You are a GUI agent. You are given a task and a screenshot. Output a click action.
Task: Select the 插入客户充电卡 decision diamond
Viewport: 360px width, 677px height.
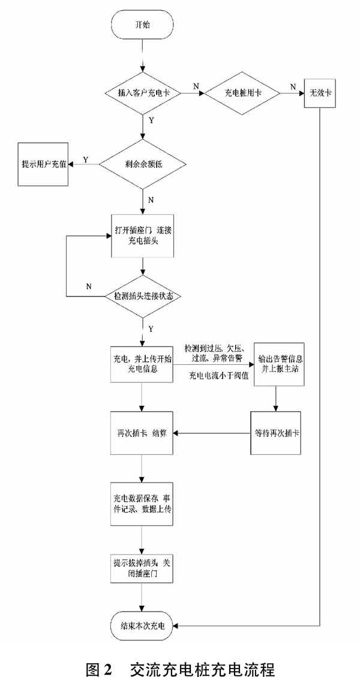[142, 94]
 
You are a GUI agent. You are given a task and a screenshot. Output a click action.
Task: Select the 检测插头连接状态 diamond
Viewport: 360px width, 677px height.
[142, 296]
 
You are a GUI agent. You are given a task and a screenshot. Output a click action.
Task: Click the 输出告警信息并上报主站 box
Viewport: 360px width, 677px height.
[275, 364]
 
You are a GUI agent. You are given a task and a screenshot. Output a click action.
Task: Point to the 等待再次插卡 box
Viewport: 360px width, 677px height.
[275, 433]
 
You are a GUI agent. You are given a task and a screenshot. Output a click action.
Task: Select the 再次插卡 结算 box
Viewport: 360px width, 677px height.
[142, 433]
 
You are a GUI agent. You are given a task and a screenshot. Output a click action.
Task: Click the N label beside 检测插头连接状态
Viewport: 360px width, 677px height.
[88, 286]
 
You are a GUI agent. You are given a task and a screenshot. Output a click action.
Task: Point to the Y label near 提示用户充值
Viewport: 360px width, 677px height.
[85, 160]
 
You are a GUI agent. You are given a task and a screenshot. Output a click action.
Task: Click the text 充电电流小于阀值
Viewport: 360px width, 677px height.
[217, 376]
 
